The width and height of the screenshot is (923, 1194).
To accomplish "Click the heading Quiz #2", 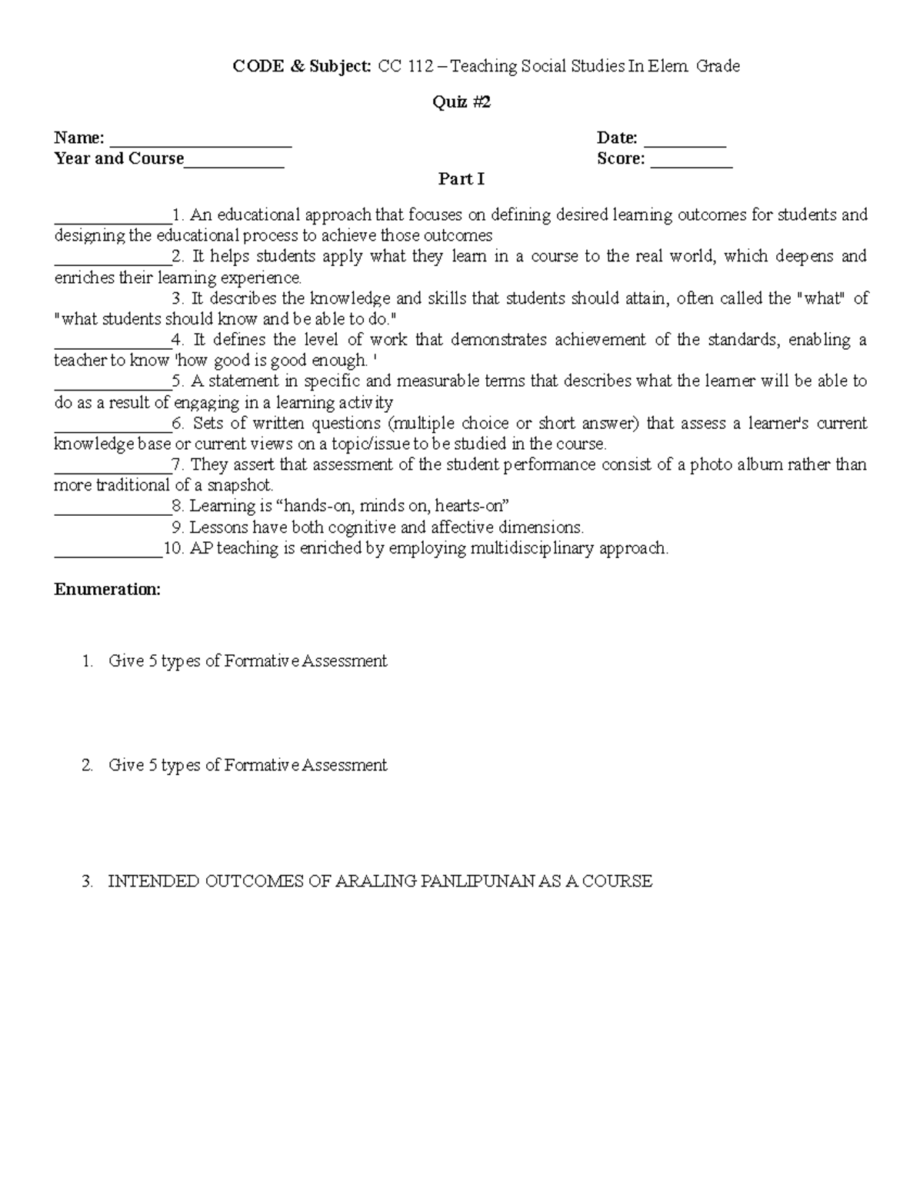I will point(461,102).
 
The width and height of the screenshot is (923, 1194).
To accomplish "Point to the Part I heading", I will point(461,179).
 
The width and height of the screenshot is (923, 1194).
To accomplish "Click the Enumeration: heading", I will point(107,590).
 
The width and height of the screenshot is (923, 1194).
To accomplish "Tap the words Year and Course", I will point(119,159).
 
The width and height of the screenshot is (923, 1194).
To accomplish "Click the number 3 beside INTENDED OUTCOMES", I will point(86,882).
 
